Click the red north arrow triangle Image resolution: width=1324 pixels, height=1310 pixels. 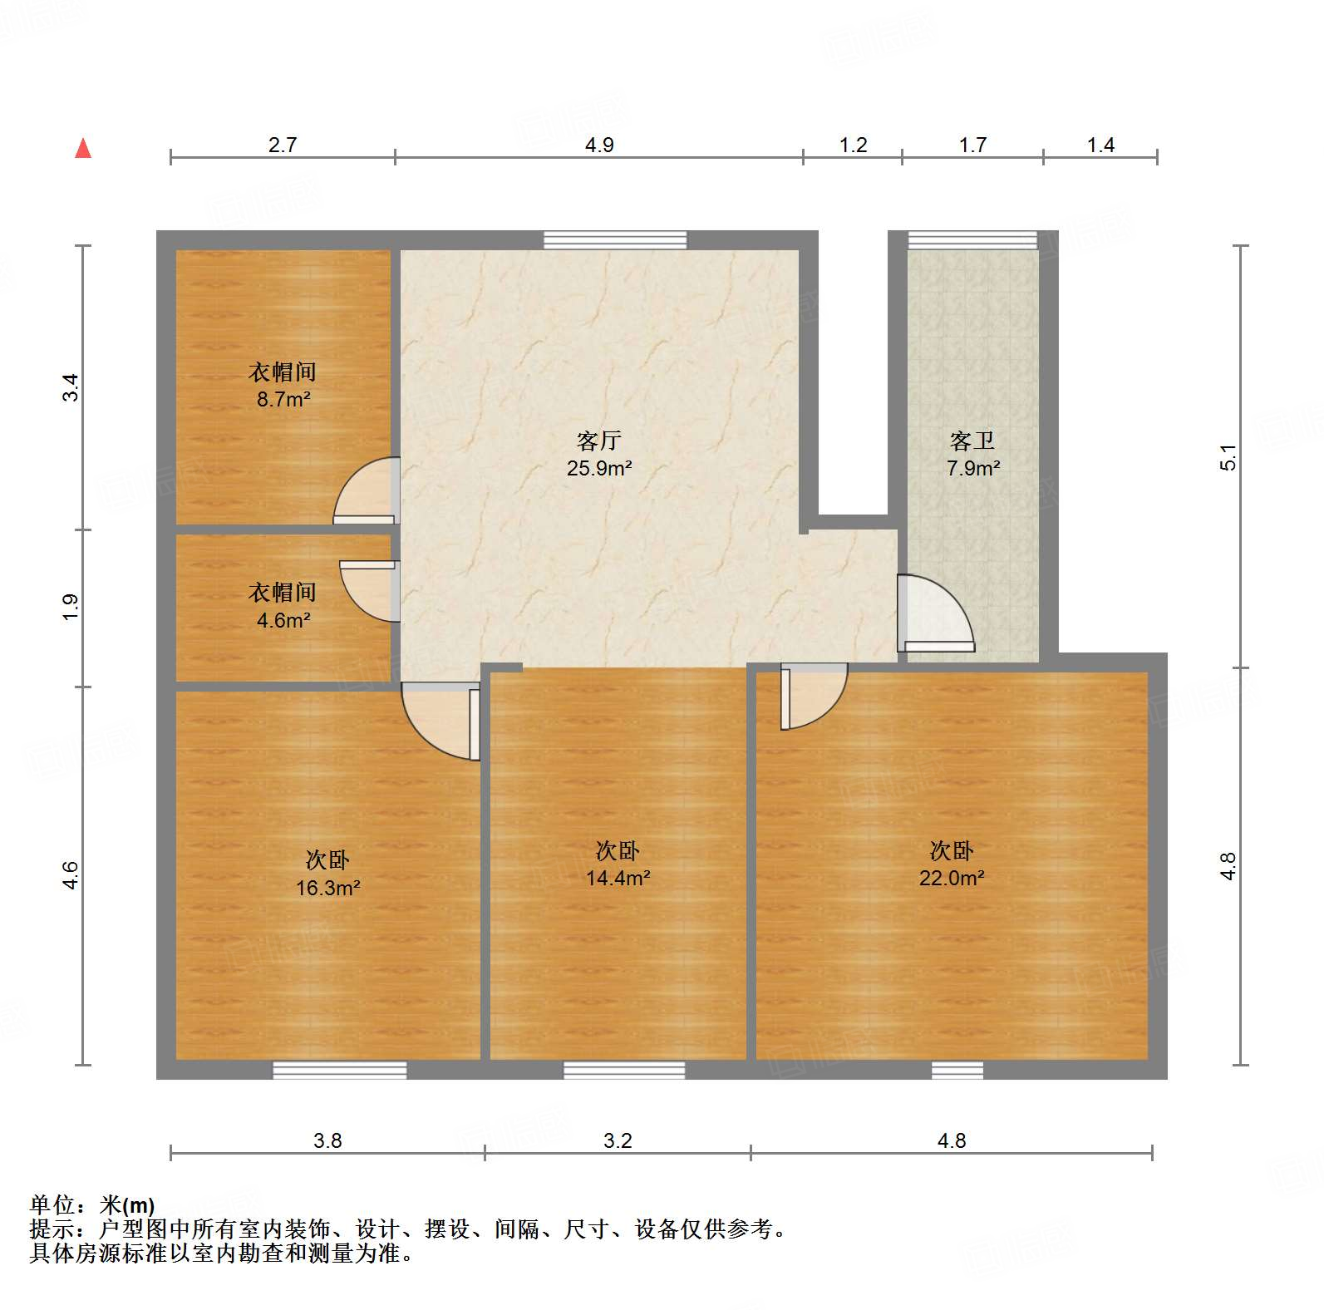(x=83, y=149)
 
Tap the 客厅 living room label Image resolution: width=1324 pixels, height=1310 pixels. (x=598, y=441)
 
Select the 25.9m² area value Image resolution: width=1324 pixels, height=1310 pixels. (x=599, y=468)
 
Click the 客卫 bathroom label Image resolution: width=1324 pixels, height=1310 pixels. (x=972, y=441)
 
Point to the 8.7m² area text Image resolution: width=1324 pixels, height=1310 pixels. (x=283, y=400)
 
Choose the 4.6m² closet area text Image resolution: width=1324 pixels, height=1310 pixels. (x=283, y=620)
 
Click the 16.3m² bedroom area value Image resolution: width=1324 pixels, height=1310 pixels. (x=327, y=888)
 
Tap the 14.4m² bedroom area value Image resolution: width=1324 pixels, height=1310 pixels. (x=618, y=878)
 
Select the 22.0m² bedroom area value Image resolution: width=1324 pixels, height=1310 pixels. (x=952, y=878)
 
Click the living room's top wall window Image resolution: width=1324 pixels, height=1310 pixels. (x=615, y=240)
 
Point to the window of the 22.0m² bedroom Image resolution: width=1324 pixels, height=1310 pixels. (x=957, y=1070)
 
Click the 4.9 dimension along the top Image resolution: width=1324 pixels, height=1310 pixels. (x=598, y=145)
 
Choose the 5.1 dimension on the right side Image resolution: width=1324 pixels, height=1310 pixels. (x=1228, y=457)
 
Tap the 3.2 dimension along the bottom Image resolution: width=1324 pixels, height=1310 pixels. (x=618, y=1140)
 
